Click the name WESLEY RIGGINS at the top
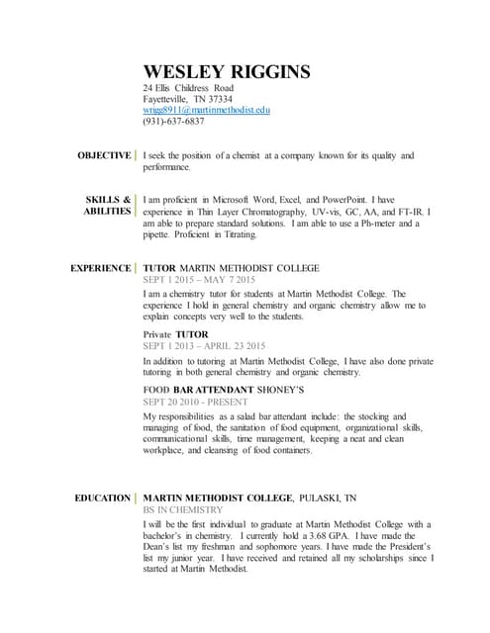point(227,71)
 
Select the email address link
point(207,111)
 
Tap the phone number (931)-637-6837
point(174,123)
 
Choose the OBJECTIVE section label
point(105,155)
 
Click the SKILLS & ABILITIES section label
point(108,205)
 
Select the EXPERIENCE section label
point(101,268)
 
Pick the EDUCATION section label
point(103,497)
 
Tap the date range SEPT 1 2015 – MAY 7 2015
point(199,281)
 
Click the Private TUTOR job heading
point(176,334)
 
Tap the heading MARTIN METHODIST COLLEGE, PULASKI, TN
point(250,497)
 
